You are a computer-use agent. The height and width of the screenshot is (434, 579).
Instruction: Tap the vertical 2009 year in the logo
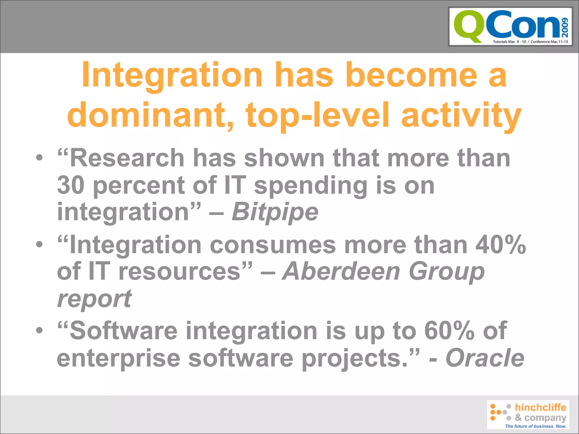[x=565, y=28]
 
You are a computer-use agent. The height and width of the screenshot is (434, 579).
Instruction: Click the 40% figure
[x=500, y=245]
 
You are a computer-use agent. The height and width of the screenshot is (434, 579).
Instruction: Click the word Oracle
[x=485, y=358]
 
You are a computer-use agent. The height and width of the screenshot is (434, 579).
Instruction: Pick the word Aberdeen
[x=341, y=271]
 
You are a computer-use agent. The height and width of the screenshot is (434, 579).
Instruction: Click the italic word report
[x=94, y=299]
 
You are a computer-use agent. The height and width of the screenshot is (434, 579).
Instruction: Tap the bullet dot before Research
[x=40, y=158]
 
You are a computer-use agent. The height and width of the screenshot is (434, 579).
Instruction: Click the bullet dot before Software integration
[x=40, y=330]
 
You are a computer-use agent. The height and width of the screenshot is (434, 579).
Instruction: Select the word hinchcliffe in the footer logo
[x=540, y=407]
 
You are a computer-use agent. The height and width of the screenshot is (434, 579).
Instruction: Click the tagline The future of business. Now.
[x=535, y=426]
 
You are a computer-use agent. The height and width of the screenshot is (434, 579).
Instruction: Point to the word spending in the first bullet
[x=310, y=186]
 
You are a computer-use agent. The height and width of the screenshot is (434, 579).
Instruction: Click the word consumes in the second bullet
[x=273, y=245]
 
